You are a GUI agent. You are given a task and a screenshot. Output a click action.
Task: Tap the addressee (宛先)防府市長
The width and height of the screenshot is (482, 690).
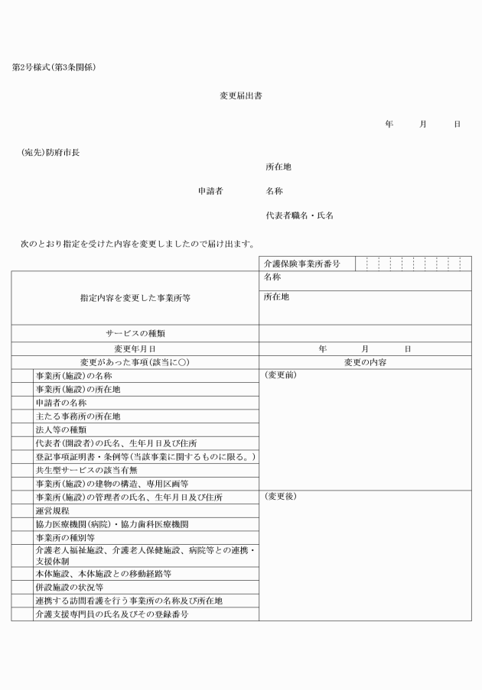pyautogui.click(x=50, y=152)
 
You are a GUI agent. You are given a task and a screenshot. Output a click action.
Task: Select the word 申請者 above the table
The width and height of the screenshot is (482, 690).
pyautogui.click(x=210, y=191)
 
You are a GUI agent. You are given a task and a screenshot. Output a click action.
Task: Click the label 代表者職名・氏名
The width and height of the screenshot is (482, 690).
pyautogui.click(x=299, y=215)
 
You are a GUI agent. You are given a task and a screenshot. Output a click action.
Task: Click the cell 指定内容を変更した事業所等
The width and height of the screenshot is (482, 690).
pyautogui.click(x=135, y=298)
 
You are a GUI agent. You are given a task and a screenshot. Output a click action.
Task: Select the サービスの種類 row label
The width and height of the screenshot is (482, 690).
pyautogui.click(x=135, y=333)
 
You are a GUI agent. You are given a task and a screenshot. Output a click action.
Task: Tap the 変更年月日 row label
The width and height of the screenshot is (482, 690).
pyautogui.click(x=135, y=348)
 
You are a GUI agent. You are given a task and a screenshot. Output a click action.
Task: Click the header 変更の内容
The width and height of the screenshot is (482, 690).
pyautogui.click(x=365, y=361)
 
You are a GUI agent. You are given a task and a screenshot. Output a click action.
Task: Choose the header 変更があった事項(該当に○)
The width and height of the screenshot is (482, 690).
pyautogui.click(x=135, y=361)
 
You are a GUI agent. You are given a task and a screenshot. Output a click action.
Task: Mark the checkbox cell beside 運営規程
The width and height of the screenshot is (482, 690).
pyautogui.click(x=21, y=511)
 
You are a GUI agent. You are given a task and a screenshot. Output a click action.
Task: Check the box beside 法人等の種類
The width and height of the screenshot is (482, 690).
pyautogui.click(x=21, y=429)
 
